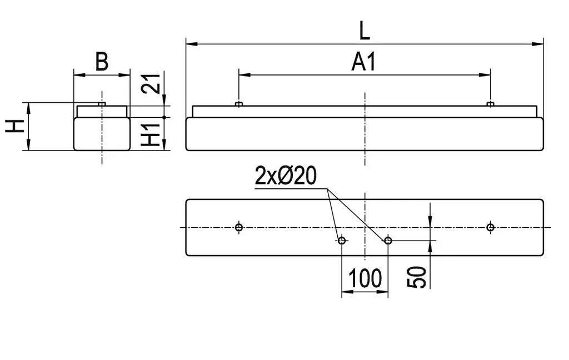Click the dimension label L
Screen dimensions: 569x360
365,31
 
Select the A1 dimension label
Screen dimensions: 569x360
363,62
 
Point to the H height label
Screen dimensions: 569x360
15,126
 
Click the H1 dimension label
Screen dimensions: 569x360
151,134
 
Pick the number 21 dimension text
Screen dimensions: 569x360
151,84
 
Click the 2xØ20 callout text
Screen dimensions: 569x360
286,176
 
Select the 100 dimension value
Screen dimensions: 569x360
365,278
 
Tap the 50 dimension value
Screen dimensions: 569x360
416,277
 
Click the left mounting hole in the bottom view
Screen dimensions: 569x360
239,228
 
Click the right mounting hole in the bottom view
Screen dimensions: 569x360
491,228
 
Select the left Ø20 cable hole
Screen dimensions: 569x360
342,240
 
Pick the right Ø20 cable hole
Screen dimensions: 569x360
388,240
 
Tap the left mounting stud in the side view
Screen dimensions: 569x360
239,104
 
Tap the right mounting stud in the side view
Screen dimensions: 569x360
491,104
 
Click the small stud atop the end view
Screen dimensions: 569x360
102,104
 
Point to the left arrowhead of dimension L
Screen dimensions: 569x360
191,44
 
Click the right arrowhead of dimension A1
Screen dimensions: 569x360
485,75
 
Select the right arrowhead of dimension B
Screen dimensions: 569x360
124,75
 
